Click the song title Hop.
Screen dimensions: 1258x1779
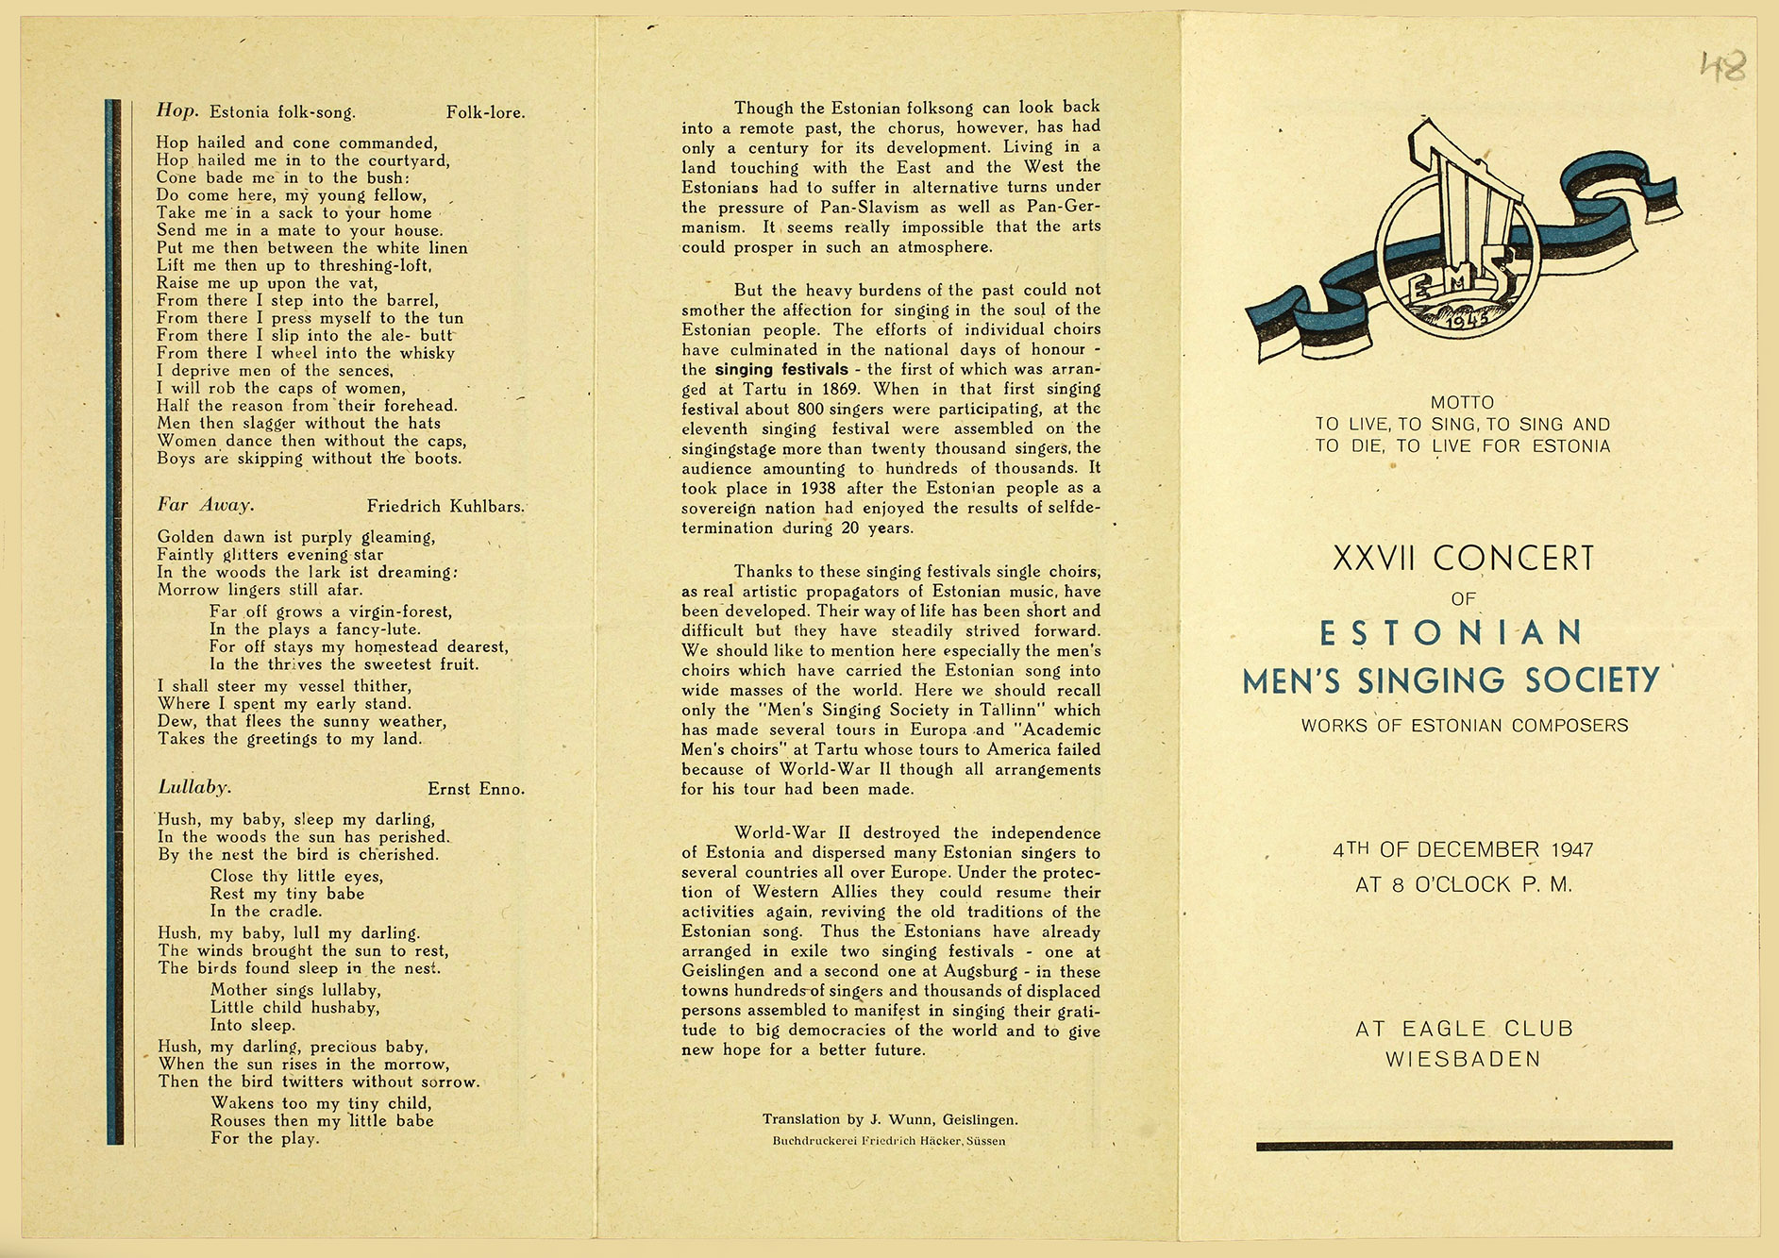[177, 111]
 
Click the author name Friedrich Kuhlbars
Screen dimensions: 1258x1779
[445, 507]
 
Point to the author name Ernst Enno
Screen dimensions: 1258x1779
[476, 789]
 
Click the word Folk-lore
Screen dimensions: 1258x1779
[485, 113]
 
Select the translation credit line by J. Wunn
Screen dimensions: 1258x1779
[890, 1120]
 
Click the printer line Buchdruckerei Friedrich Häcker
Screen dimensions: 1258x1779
[889, 1141]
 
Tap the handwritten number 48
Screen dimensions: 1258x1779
[1723, 66]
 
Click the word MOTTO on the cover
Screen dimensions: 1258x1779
[1463, 403]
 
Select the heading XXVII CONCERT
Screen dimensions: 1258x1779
[1463, 559]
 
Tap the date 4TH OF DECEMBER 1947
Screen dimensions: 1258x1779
[1463, 849]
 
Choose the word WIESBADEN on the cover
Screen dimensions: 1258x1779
[1463, 1060]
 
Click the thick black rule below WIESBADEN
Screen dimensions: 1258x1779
[1464, 1146]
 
